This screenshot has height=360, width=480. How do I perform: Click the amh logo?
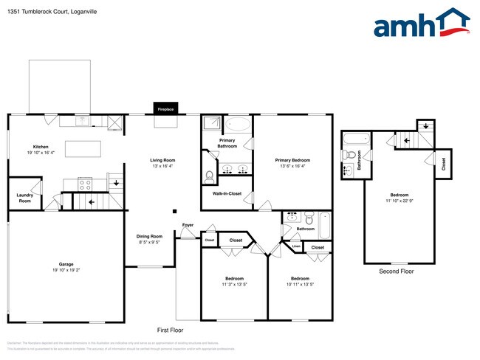pyautogui.click(x=422, y=24)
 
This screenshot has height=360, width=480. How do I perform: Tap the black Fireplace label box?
pyautogui.click(x=165, y=108)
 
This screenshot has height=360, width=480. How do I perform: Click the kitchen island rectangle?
pyautogui.click(x=84, y=148)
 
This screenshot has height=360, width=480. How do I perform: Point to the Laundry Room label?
pyautogui.click(x=24, y=198)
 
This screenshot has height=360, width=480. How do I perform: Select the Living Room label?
pyautogui.click(x=162, y=159)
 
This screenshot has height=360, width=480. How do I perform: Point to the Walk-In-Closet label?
pyautogui.click(x=227, y=193)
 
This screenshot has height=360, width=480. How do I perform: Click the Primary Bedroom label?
pyautogui.click(x=292, y=160)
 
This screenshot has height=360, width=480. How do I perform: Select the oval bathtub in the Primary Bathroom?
pyautogui.click(x=237, y=124)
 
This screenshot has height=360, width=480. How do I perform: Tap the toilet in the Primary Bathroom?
pyautogui.click(x=210, y=176)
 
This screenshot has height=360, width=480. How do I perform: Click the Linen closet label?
pyautogui.click(x=296, y=246)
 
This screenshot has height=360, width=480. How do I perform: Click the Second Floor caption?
pyautogui.click(x=396, y=271)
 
